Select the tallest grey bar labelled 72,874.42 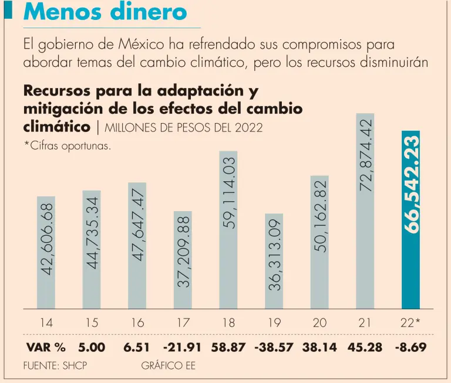pos(365,211)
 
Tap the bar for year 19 pos(274,261)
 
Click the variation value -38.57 pos(274,347)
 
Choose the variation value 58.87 pos(228,347)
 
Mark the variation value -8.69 pos(410,347)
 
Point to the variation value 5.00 pos(91,347)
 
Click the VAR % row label pos(46,347)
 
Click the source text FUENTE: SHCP pos(55,365)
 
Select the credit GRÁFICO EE pos(169,365)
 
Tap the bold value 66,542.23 pos(410,185)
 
